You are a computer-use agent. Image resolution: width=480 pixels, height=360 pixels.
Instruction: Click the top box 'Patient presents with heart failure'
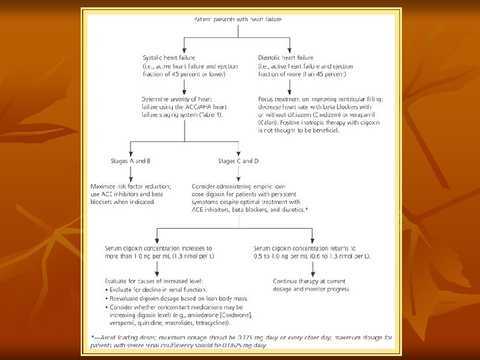237,19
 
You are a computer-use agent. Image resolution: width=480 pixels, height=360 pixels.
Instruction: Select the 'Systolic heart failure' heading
169,58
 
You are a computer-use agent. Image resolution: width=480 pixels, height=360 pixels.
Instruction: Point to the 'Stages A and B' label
131,161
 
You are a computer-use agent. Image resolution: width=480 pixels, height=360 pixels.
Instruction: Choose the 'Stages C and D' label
239,161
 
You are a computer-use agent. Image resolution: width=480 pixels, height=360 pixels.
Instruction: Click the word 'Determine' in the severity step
157,99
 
